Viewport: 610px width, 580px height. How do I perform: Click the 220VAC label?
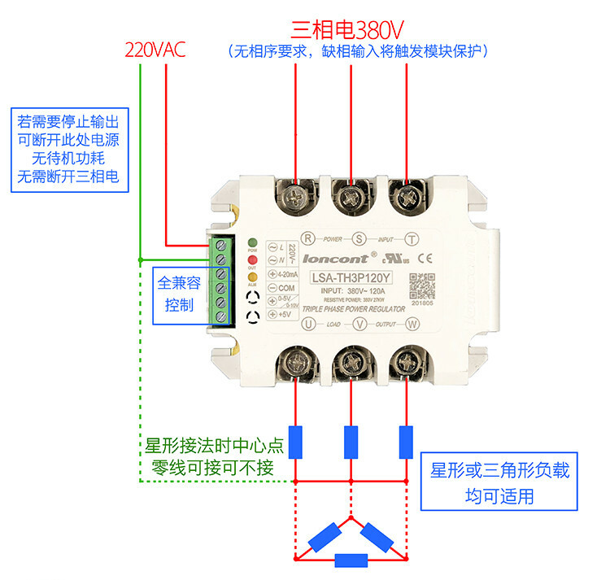tap(155, 50)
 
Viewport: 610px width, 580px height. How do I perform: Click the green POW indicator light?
tap(253, 242)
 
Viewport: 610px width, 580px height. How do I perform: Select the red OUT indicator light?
tap(253, 260)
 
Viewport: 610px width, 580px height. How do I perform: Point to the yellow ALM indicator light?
tap(253, 278)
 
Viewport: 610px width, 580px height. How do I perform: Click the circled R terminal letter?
tap(307, 238)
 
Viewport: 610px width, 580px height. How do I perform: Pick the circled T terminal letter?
tap(412, 238)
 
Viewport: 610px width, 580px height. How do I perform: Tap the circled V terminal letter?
tap(359, 324)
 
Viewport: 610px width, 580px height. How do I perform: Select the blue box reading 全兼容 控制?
tap(180, 294)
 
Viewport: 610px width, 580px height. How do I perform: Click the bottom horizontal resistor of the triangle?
tap(351, 560)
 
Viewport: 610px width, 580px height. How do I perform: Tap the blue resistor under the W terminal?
tap(405, 443)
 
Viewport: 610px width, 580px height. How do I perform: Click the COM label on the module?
tap(285, 288)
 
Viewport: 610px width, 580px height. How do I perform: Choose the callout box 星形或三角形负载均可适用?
tap(499, 482)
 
